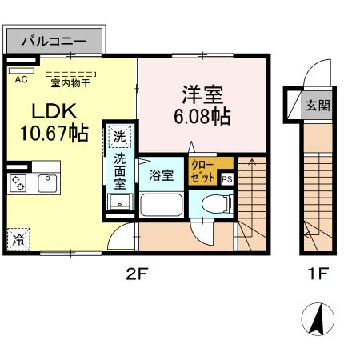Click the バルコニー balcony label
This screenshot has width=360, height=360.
54,38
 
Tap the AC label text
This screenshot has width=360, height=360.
20,78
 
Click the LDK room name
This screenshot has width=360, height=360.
49,112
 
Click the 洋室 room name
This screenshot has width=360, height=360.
199,94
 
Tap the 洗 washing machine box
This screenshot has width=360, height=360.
118,137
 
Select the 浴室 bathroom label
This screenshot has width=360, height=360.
162,176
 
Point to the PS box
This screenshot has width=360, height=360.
226,179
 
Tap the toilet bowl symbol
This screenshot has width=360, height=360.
210,204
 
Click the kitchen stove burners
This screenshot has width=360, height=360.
19,183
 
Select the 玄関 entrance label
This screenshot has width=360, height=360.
318,105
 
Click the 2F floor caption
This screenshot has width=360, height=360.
137,275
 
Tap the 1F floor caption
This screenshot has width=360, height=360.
318,275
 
